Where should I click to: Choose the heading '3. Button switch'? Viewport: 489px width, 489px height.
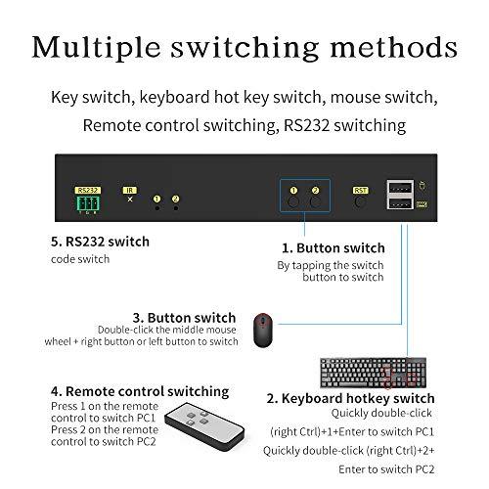(x=184, y=318)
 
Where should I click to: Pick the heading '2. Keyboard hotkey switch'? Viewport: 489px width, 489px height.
(x=349, y=398)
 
